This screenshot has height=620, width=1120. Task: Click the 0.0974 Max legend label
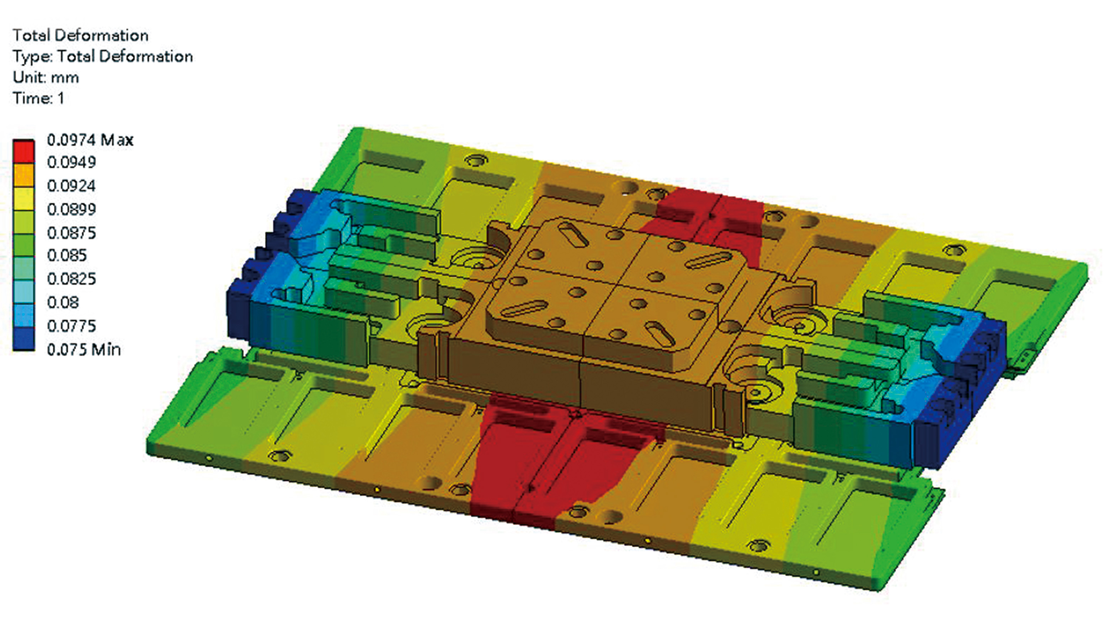90,140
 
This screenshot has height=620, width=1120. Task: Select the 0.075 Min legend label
84,349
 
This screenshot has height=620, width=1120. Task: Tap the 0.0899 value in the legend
71,209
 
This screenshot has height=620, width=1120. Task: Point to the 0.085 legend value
67,255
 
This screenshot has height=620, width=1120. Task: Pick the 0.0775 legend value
71,326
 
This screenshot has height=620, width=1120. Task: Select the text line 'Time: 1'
39,98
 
